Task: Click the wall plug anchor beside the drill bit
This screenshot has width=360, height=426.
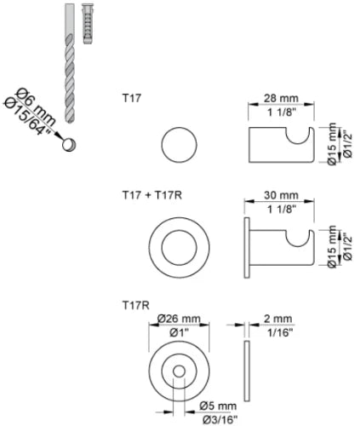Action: [88, 24]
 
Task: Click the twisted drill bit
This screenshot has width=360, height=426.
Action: [70, 63]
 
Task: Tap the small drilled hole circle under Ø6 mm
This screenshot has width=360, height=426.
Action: [69, 144]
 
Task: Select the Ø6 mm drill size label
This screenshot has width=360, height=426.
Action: [36, 107]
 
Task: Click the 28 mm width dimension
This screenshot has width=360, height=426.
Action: [281, 99]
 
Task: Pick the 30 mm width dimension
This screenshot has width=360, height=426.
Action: [281, 195]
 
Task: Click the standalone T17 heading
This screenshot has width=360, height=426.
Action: [132, 99]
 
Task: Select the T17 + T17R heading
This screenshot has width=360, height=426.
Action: [152, 195]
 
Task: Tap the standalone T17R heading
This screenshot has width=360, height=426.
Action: [136, 306]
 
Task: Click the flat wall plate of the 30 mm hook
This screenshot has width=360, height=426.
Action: [247, 247]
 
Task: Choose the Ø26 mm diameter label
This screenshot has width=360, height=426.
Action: [179, 319]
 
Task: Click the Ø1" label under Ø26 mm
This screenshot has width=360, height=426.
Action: [180, 332]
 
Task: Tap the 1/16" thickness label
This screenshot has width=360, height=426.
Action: [280, 332]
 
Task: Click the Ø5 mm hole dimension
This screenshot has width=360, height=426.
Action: [218, 406]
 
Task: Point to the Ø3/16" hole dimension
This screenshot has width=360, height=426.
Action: [220, 419]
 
